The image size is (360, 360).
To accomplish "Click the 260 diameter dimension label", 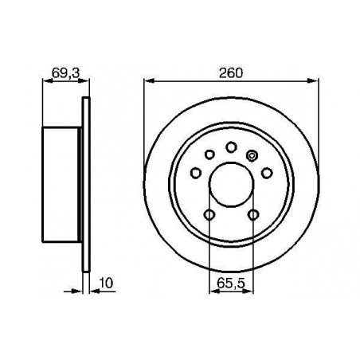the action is coord(231,73).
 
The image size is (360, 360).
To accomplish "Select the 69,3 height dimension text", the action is coord(65,72).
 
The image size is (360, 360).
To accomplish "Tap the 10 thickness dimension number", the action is coord(106,283).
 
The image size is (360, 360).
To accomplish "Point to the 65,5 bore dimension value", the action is coord(231,284).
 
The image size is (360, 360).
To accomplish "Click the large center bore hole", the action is coord(231,185).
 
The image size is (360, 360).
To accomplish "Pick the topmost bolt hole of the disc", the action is coord(231,147).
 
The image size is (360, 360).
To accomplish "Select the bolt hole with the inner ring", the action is coord(251,155).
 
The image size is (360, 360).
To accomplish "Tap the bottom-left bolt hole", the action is coord(209,214).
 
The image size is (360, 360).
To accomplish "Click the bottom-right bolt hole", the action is coord(253,214).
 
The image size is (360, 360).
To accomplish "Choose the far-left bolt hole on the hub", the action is coord(196,173).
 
